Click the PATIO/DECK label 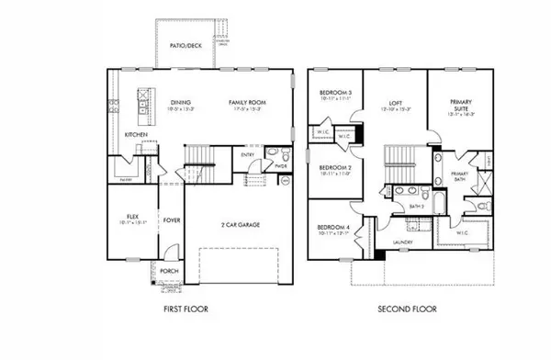pos(186,44)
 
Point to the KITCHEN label pos(137,134)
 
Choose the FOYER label pos(172,220)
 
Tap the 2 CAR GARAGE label pos(237,225)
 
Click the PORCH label pos(169,271)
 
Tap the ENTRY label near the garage pos(248,155)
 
